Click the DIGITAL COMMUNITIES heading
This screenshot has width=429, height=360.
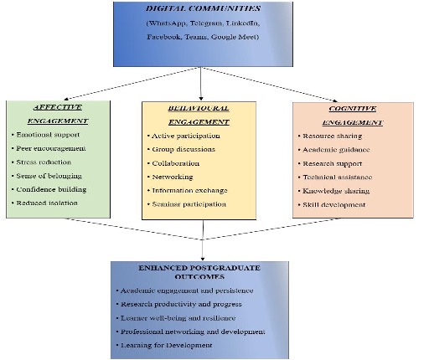203,8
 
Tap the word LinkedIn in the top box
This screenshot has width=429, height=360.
243,23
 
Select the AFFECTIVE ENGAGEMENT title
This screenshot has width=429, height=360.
58,114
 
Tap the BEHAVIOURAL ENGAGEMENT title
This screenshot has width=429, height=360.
199,116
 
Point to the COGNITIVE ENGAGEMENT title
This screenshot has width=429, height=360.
353,116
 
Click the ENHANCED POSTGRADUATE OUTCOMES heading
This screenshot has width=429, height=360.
199,272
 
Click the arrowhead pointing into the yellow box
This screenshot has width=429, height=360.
201,99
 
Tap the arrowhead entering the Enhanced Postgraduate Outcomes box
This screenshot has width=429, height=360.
203,259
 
